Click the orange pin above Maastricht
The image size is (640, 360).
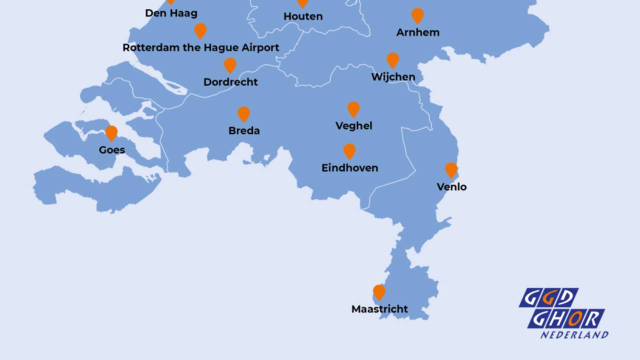379,292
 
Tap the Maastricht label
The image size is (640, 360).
379,309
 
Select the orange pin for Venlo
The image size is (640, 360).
451,170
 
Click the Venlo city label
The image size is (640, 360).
451,187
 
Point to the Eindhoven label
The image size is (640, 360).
349,168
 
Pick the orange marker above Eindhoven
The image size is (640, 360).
349,151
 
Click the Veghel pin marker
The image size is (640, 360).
353,109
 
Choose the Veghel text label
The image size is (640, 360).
353,126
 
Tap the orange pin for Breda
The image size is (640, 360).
243,114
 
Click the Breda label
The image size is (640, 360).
244,131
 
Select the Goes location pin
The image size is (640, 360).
111,133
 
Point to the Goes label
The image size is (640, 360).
111,150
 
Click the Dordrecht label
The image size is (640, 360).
230,82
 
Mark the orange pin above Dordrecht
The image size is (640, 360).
230,65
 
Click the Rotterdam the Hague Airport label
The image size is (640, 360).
200,48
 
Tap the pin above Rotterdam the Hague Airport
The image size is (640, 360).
200,30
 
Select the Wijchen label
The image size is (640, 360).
393,77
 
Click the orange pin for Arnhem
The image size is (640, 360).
417,15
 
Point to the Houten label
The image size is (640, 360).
303,16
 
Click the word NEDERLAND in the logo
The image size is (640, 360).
574,334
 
